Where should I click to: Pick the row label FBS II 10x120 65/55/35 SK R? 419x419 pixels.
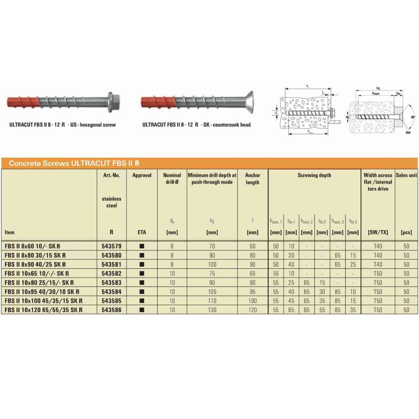pos(43,310)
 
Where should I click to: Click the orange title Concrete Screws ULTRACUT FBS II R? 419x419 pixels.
pos(74,163)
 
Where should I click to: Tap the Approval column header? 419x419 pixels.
pos(142,175)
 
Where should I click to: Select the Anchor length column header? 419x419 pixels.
pos(253,178)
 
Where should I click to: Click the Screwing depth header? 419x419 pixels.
pos(314,175)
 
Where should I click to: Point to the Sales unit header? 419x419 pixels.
pos(406,175)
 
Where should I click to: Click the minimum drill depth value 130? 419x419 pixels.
pos(212,310)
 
